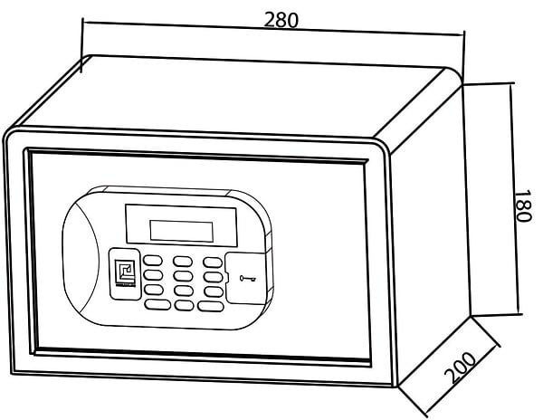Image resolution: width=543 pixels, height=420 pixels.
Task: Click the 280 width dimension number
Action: click(281, 20)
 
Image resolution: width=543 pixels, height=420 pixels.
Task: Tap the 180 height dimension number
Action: click(522, 205)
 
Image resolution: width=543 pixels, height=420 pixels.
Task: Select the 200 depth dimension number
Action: click(460, 367)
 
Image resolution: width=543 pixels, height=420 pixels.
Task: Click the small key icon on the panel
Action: click(248, 278)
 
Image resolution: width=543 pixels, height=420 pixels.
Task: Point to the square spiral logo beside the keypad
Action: click(125, 272)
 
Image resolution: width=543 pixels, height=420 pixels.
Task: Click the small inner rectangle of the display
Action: click(181, 231)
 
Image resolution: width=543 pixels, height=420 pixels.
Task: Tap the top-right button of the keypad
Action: click(213, 262)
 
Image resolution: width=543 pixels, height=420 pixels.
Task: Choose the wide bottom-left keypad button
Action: click(157, 304)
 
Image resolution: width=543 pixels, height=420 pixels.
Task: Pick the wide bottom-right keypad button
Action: click(211, 306)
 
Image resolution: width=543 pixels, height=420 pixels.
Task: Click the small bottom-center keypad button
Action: click(185, 305)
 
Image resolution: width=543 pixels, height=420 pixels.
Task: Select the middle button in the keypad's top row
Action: click(183, 261)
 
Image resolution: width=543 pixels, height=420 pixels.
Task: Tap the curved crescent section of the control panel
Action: click(81, 256)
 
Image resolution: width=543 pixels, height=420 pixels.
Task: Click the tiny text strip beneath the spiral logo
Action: click(125, 286)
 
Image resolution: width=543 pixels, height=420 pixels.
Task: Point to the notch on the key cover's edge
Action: click(226, 277)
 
